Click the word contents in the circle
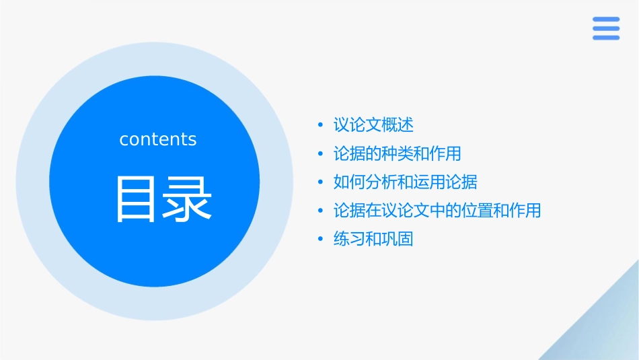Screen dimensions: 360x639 tap(158, 139)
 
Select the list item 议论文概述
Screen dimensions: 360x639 tap(373, 125)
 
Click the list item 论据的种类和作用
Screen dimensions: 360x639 tap(397, 153)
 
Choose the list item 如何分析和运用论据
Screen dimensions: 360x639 tap(405, 182)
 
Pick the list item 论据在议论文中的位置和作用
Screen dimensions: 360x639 tap(437, 211)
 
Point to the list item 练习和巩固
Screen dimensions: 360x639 tap(373, 239)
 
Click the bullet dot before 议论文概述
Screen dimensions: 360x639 tap(320, 126)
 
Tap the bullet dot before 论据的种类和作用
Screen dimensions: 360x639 tap(320, 154)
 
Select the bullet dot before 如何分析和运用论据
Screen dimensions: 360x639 tap(320, 182)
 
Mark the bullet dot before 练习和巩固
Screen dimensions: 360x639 tap(320, 240)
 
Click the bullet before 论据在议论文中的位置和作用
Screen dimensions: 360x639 tap(320, 211)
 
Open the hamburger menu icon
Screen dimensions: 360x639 tap(606, 28)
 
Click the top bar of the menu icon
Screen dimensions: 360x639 tap(606, 20)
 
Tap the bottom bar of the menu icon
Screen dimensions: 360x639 tap(606, 38)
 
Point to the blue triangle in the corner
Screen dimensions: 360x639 tap(602, 330)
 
